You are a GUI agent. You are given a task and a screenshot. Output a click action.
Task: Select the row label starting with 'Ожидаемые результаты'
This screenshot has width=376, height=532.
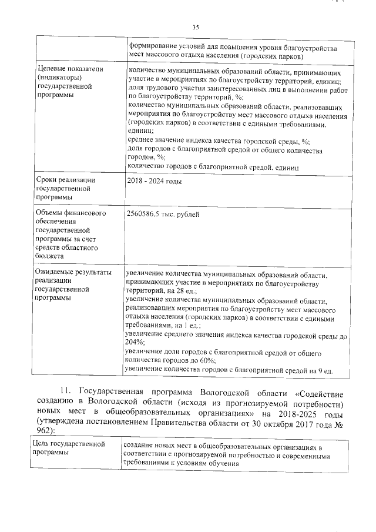pos(73,273)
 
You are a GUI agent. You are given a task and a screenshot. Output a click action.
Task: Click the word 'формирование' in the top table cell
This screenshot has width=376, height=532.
pos(155,46)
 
